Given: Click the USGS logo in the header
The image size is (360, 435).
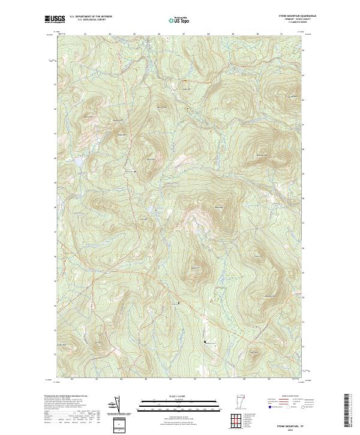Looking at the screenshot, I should (x=55, y=19).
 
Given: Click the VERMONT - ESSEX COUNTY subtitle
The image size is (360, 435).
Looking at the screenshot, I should (x=301, y=19).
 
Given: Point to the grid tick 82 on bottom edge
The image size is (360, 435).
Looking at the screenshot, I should (x=72, y=379).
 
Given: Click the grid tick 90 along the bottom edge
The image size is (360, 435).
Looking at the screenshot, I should (x=269, y=379).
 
